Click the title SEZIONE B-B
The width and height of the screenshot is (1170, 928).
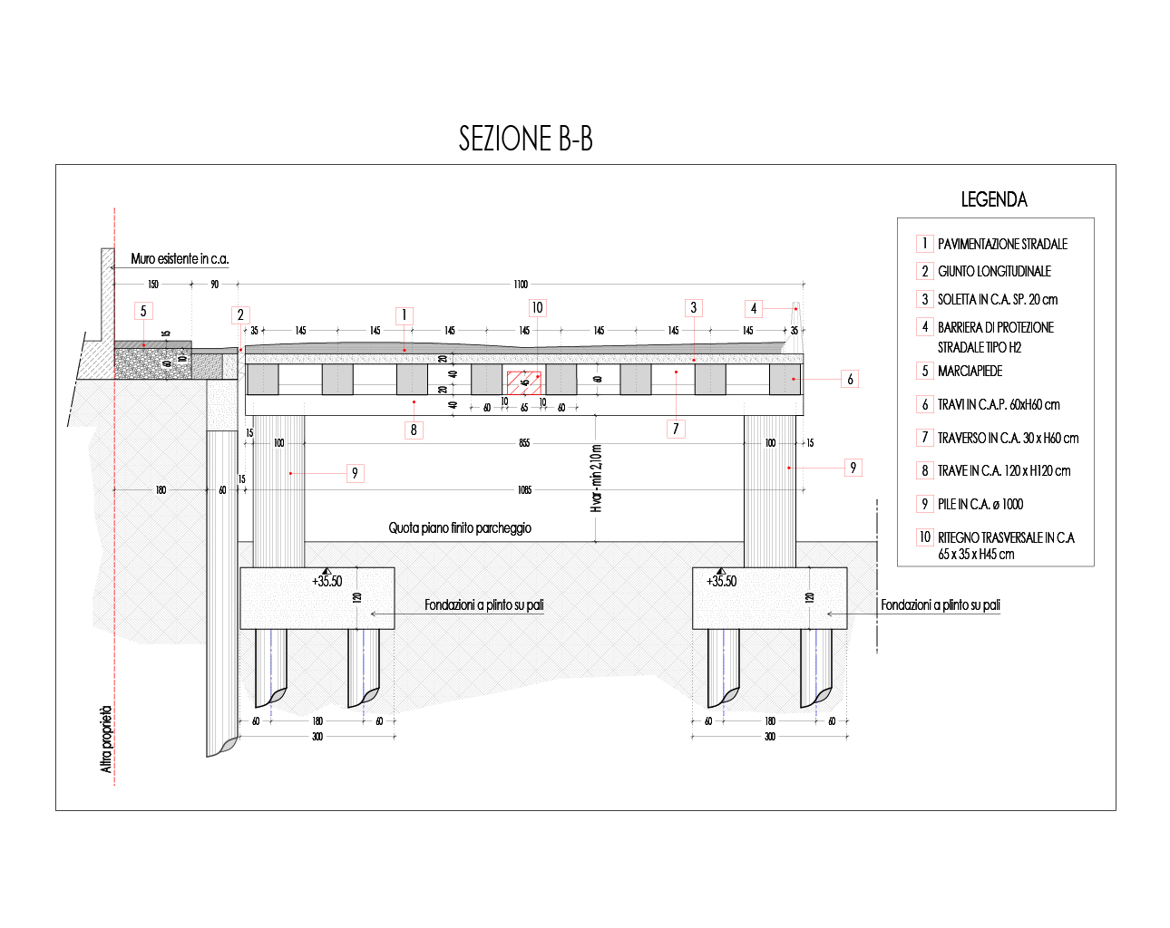(525, 139)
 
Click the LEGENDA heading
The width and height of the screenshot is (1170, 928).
(994, 199)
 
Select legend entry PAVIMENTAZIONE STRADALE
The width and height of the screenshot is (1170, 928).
(1002, 244)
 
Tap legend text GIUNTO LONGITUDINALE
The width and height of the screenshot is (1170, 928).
(994, 271)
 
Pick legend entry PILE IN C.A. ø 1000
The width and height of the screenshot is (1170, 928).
(980, 504)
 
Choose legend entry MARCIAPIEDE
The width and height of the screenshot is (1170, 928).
(970, 371)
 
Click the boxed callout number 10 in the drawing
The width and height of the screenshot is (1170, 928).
(537, 308)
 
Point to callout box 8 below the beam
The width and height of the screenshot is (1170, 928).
(414, 430)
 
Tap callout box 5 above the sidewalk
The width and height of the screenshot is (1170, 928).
(142, 312)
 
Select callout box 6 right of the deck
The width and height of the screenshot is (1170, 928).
(850, 379)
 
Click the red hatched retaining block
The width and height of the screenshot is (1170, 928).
(523, 382)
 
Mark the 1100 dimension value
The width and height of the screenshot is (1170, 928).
(521, 285)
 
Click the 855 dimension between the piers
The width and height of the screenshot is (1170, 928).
(524, 443)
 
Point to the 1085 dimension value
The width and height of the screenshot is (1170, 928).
(524, 490)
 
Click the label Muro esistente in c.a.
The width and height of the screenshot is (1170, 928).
(180, 259)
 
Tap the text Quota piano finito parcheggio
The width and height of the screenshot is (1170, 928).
(460, 527)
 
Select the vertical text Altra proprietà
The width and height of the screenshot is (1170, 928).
(106, 739)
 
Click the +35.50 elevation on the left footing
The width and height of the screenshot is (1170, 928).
(327, 582)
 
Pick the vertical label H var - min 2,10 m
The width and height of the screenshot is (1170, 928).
(596, 478)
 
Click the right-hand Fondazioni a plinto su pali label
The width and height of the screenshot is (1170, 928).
(941, 604)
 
